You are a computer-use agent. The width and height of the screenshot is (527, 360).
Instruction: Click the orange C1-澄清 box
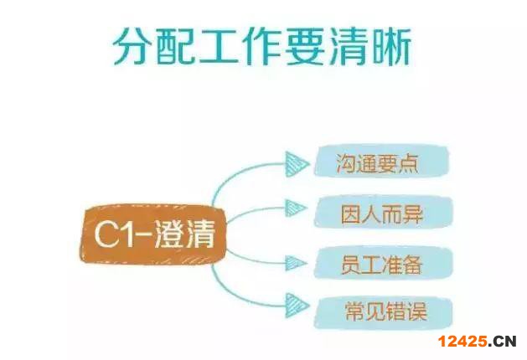point(153,234)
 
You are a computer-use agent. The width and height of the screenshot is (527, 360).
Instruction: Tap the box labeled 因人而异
point(384,213)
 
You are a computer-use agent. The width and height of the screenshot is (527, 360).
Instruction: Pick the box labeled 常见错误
point(384,312)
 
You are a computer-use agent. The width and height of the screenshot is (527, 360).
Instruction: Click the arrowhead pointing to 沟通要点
point(297,164)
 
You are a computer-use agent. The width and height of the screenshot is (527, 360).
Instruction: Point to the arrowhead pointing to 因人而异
point(296,208)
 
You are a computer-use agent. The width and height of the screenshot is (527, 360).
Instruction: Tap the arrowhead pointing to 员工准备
point(296,263)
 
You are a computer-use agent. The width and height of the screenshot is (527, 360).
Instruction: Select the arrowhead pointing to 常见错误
point(297,306)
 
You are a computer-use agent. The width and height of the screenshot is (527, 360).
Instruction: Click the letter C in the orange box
point(106,234)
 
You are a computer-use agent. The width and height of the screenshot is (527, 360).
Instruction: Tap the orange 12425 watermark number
point(462,342)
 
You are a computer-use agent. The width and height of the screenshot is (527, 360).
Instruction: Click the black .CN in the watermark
point(502,342)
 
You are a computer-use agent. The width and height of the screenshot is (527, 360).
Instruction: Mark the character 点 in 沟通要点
point(408,163)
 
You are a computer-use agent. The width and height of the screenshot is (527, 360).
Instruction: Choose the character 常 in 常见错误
point(354,311)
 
